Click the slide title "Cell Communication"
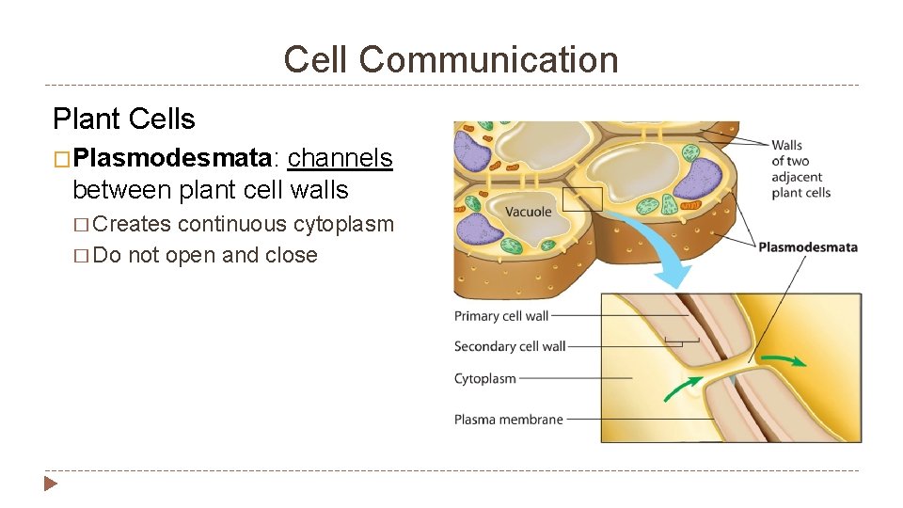click(x=451, y=60)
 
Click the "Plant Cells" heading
click(x=124, y=119)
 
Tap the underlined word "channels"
click(x=340, y=158)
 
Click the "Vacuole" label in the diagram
click(x=529, y=212)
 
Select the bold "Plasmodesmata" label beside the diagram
click(x=808, y=247)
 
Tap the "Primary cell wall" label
click(x=501, y=316)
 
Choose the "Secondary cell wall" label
click(x=510, y=346)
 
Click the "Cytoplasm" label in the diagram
click(x=485, y=379)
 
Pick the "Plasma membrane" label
click(x=509, y=420)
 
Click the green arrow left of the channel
click(x=683, y=387)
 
